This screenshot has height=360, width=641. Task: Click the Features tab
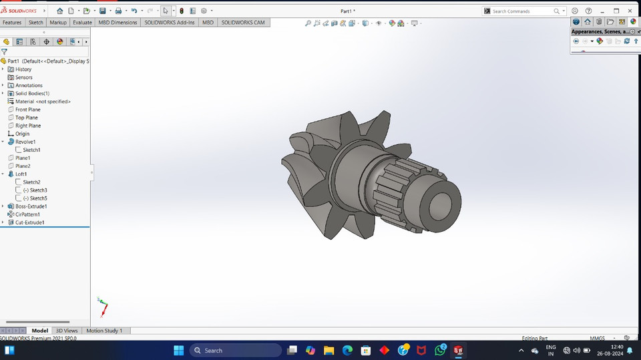pyautogui.click(x=12, y=22)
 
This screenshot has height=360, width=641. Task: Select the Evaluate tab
pyautogui.click(x=82, y=22)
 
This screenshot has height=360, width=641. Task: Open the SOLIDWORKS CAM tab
pyautogui.click(x=243, y=22)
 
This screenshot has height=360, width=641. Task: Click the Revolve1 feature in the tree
pyautogui.click(x=25, y=142)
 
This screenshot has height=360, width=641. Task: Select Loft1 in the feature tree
pyautogui.click(x=21, y=174)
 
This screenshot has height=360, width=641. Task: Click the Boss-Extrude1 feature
pyautogui.click(x=31, y=206)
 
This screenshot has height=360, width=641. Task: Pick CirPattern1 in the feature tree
pyautogui.click(x=27, y=214)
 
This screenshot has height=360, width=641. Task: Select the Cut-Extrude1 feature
pyautogui.click(x=29, y=222)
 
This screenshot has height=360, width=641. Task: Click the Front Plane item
pyautogui.click(x=27, y=110)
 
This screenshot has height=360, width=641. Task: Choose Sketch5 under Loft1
pyautogui.click(x=38, y=198)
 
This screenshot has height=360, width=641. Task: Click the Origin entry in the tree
pyautogui.click(x=22, y=134)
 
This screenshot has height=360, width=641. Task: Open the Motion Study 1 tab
pyautogui.click(x=104, y=331)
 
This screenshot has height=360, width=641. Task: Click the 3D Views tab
pyautogui.click(x=67, y=331)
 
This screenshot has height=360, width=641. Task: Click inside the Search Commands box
pyautogui.click(x=521, y=11)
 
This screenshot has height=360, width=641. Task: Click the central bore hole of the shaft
pyautogui.click(x=441, y=201)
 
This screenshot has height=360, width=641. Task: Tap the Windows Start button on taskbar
pyautogui.click(x=178, y=350)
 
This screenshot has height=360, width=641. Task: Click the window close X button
pyautogui.click(x=630, y=11)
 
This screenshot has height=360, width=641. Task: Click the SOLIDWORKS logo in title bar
pyautogui.click(x=20, y=11)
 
